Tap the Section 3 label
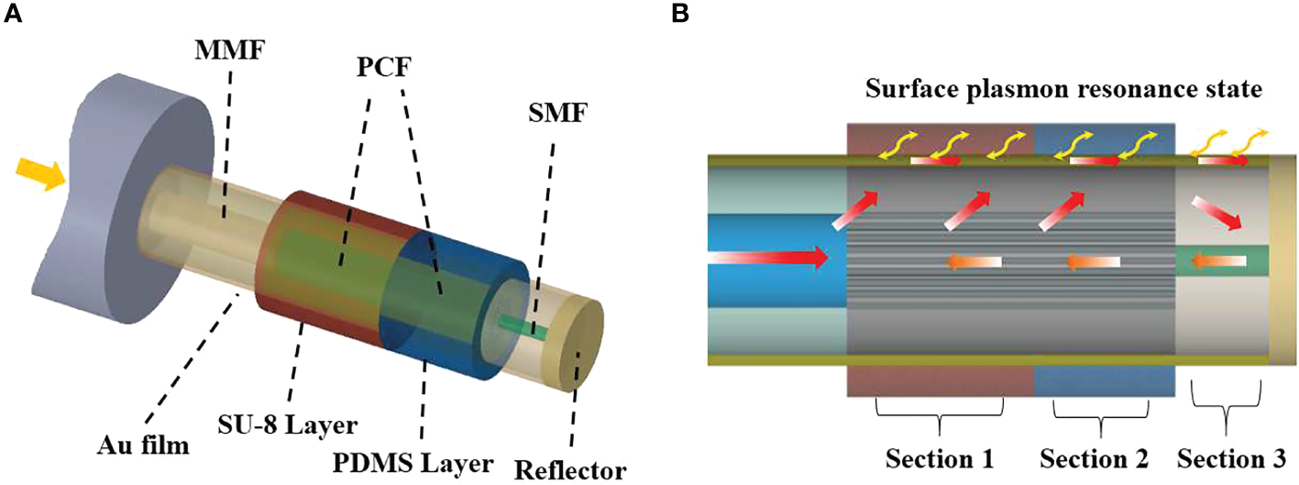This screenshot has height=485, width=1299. click(1230, 456)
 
